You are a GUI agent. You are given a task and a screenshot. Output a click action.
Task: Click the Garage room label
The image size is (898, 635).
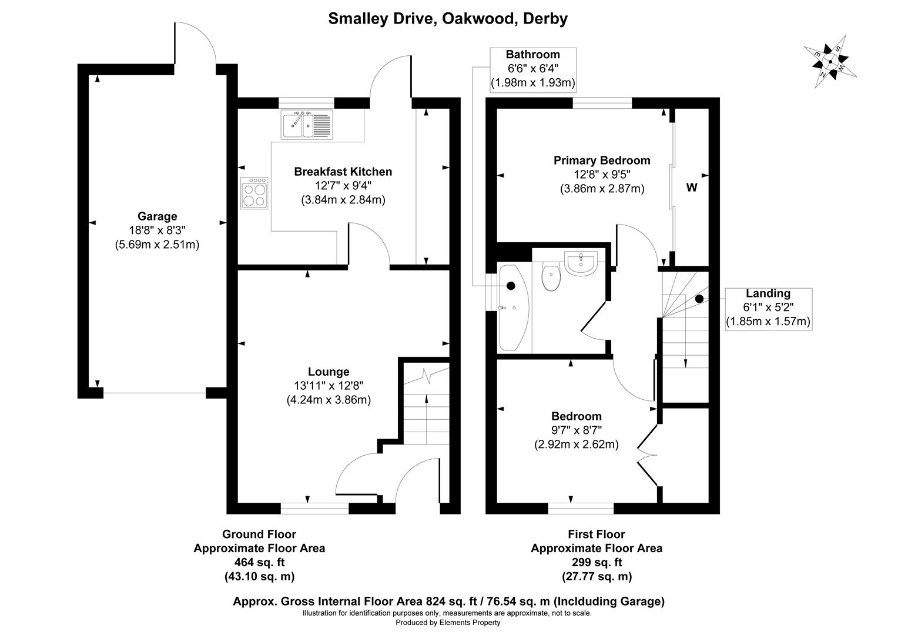pyautogui.click(x=157, y=216)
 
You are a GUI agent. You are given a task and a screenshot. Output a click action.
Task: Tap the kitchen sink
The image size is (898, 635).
pyautogui.click(x=307, y=125)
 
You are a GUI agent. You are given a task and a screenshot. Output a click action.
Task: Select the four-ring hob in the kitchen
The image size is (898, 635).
pyautogui.click(x=254, y=193)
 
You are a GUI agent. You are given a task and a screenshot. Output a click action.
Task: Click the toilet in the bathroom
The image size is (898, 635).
pyautogui.click(x=551, y=276)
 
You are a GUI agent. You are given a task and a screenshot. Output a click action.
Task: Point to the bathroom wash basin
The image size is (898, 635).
pyautogui.click(x=581, y=263)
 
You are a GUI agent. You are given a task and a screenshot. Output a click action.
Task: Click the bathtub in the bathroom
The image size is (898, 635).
pyautogui.click(x=514, y=308)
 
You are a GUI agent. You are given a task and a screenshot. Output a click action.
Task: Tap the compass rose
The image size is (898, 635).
pyautogui.click(x=830, y=62)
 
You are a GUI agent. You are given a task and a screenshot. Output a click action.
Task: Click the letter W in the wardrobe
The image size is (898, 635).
pyautogui.click(x=692, y=188)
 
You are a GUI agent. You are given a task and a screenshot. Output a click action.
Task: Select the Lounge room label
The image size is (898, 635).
pyautogui.click(x=329, y=372)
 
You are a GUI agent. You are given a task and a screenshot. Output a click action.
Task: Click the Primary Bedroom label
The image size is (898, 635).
pyautogui.click(x=602, y=161)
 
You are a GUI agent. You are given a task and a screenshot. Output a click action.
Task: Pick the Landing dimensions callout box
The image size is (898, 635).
pyautogui.click(x=769, y=309)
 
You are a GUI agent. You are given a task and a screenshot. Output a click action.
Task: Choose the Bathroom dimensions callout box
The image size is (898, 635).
pyautogui.click(x=533, y=69)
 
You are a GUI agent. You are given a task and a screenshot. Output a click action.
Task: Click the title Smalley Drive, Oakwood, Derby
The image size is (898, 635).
pyautogui.click(x=448, y=19)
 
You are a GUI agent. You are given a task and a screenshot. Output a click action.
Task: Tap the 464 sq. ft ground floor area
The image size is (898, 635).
pyautogui.click(x=259, y=563)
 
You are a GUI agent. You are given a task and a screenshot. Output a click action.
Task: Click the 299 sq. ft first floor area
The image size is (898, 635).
pyautogui.click(x=597, y=563)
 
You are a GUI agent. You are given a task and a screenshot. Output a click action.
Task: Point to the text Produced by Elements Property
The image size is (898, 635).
pyautogui.click(x=448, y=623)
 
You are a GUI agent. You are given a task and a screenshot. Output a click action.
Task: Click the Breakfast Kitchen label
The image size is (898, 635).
pyautogui.click(x=343, y=172)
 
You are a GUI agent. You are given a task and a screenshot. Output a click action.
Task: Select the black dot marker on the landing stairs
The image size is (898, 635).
pyautogui.click(x=699, y=299)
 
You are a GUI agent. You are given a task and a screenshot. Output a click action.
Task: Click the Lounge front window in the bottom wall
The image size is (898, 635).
pyautogui.click(x=314, y=509)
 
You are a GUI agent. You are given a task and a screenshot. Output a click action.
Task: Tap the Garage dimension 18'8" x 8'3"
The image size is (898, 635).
pyautogui.click(x=157, y=230)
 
